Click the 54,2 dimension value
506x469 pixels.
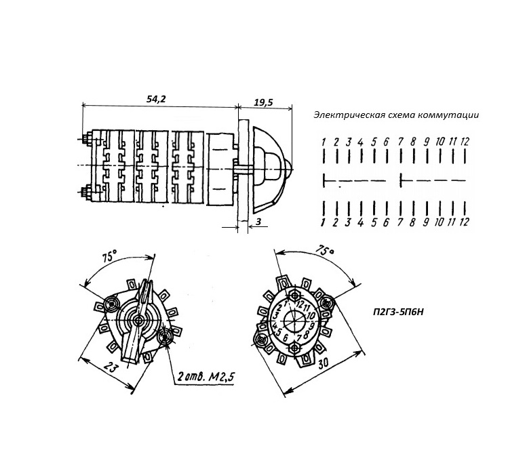pos(156,99)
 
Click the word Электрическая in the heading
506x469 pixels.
pos(344,115)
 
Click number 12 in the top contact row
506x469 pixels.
pos(465,142)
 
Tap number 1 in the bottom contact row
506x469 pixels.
pos(324,222)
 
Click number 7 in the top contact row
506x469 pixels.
pos(401,142)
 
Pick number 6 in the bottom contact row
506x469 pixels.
pos(385,222)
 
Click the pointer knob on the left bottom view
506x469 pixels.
pos(140,319)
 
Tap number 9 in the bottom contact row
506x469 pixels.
pos(427,222)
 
